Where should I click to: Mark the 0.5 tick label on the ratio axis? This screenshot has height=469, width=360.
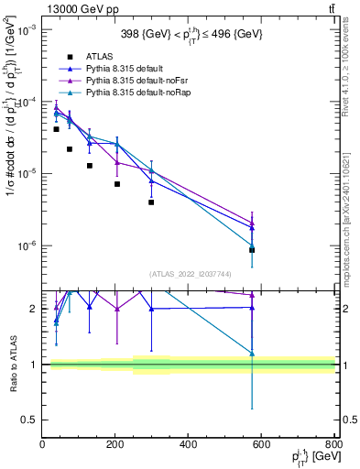point(31,420)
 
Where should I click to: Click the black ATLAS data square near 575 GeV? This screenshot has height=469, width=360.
point(252,250)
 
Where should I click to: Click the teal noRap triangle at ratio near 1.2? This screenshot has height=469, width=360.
point(252,353)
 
